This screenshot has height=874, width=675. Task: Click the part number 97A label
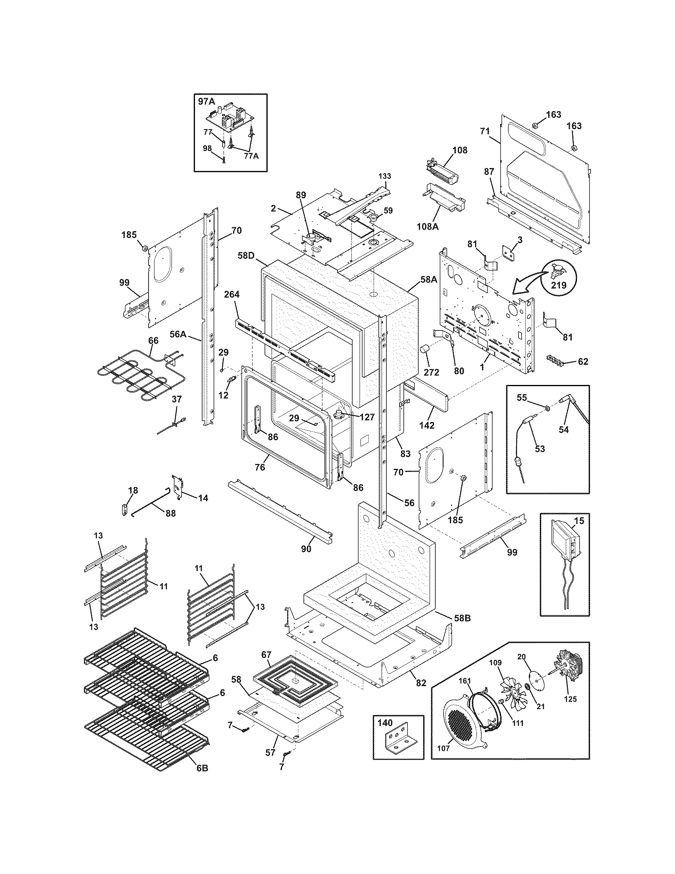[206, 102]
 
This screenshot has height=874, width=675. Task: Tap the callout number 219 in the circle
[559, 285]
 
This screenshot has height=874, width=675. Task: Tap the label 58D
[246, 255]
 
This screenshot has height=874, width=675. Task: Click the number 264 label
[231, 294]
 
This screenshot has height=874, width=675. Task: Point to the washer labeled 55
[546, 408]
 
